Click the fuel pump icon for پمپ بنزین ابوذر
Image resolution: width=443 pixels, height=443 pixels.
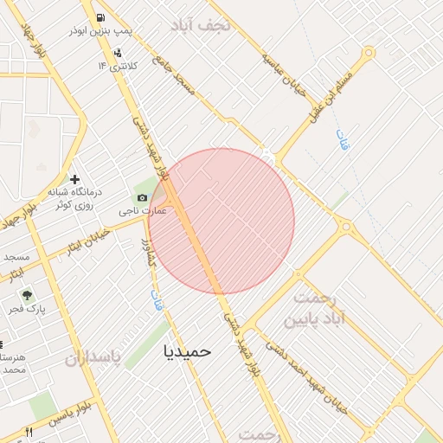coord(101,17)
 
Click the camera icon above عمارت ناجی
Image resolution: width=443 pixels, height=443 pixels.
coord(142,198)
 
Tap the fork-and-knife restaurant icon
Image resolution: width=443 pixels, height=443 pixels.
coord(29,432)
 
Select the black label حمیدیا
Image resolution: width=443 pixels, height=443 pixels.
coord(187,352)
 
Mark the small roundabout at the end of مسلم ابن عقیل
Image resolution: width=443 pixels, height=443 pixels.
coord(369,53)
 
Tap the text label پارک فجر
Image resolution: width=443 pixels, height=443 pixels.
coord(29,309)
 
